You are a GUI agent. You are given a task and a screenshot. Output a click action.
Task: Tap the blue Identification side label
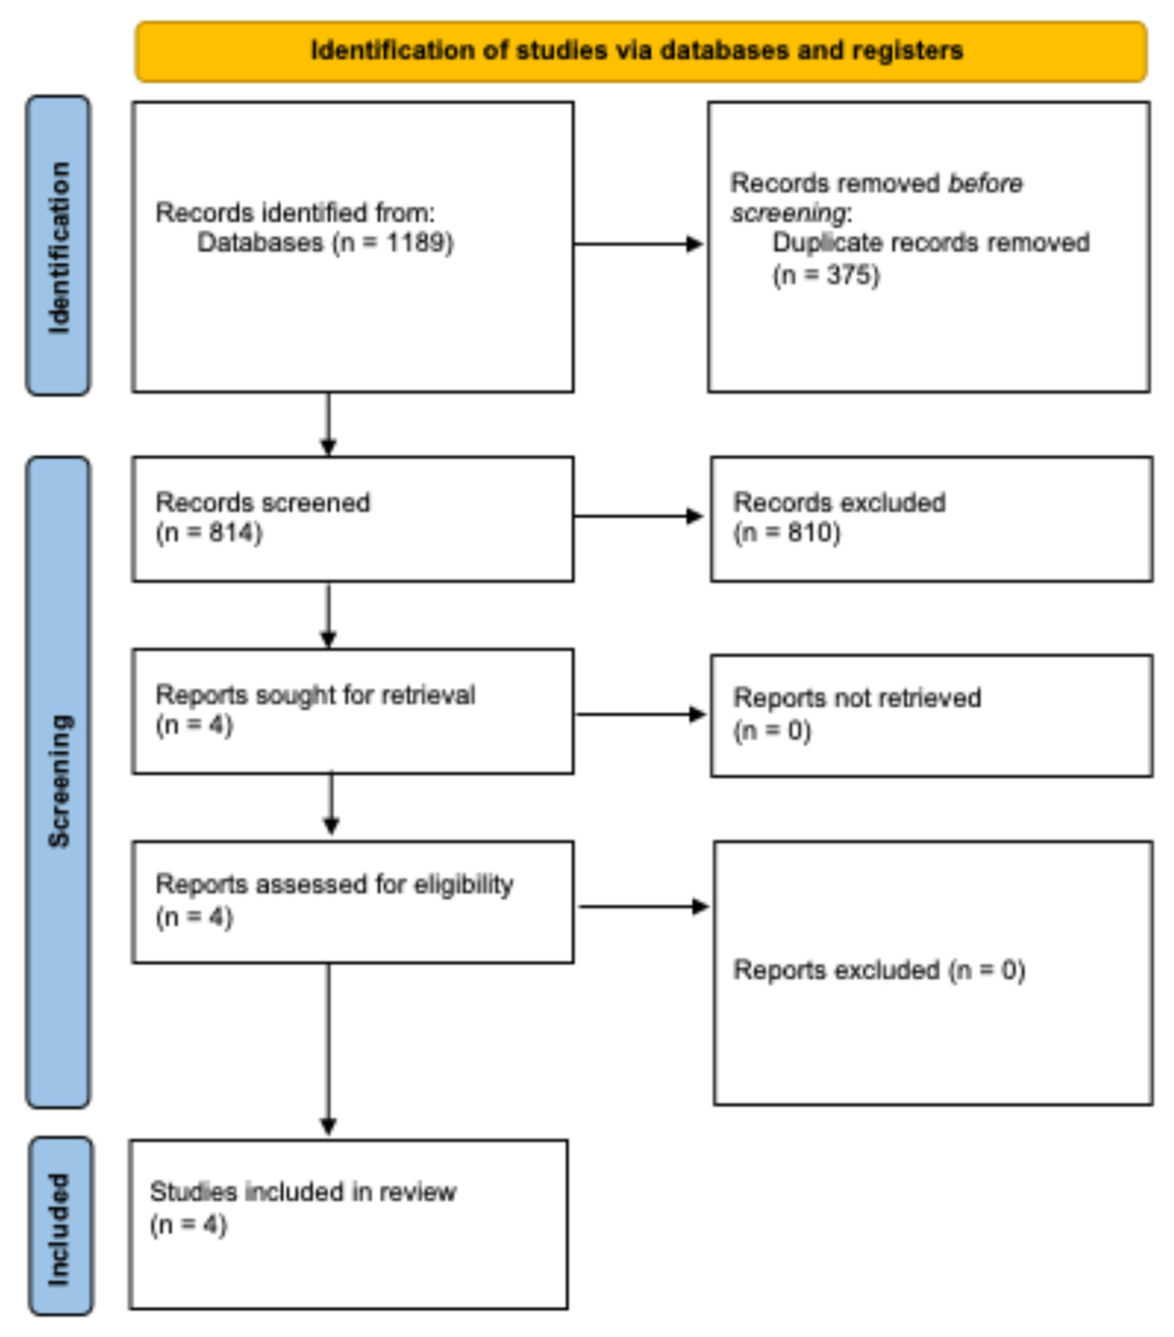(58, 245)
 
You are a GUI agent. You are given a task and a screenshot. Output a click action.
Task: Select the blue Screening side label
(58, 782)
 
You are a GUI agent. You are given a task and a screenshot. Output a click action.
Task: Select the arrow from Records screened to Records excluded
(638, 516)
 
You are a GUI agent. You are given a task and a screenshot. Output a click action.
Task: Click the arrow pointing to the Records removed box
(638, 244)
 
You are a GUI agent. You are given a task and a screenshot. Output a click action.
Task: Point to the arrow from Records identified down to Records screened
(328, 424)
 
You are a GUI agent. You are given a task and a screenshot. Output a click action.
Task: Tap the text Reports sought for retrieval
(315, 695)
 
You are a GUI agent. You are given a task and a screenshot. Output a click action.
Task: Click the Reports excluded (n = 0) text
(879, 970)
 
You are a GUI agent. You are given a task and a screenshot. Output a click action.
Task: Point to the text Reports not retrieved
(857, 698)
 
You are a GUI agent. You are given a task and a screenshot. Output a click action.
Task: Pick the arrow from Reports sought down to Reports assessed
(331, 805)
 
